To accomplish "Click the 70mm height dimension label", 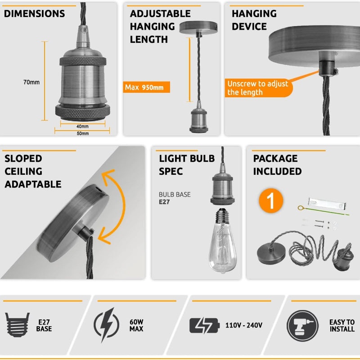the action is pos(31,82).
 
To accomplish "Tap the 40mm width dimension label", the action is pos(82,127).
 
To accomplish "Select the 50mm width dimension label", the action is pos(83,133).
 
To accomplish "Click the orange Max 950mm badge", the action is pos(147,87).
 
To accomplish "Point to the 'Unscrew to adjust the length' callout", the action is pos(258,88).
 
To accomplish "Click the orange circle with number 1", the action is pos(271,201).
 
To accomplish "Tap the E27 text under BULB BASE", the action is pos(164,202).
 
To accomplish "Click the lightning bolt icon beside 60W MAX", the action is pos(106,325).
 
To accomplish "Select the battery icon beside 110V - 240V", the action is pos(204,325).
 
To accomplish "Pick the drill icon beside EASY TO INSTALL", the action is pos(302,326).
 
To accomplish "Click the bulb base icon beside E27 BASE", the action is pos(18,324).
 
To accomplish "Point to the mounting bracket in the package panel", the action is pos(327,204).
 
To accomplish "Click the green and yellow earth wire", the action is pos(323,211).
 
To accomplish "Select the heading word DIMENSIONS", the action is pos(35,14).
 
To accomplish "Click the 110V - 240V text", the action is pos(244,325).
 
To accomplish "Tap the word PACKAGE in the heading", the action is pos(275,159).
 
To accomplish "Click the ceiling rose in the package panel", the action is pos(271,254).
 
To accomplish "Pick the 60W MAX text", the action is pos(136,325).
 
